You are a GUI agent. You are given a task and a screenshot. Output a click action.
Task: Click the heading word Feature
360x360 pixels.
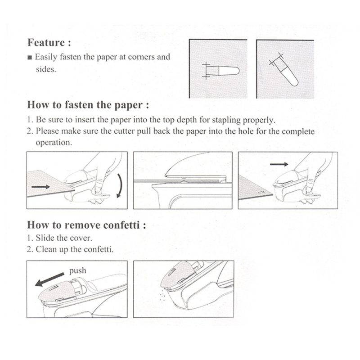click(46, 43)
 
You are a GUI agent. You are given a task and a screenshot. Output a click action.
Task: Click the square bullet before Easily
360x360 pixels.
click(30, 58)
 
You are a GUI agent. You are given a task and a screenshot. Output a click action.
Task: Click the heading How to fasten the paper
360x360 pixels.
click(88, 105)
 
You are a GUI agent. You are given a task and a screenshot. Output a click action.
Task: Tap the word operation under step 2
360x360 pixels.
click(54, 142)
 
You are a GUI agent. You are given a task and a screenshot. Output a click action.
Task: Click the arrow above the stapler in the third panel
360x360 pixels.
click(279, 165)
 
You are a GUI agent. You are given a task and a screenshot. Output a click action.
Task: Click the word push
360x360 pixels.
click(77, 271)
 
